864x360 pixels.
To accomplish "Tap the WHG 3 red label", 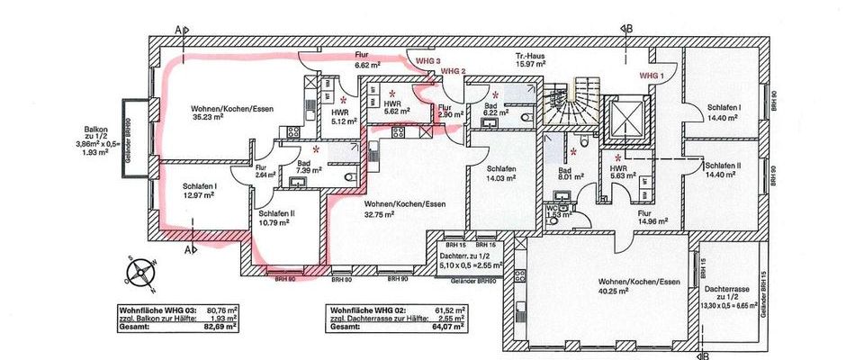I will tap(427, 60).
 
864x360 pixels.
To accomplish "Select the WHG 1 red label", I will tap(651, 76).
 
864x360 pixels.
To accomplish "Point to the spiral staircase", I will tap(572, 103).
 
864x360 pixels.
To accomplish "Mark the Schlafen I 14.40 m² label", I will tap(724, 112).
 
